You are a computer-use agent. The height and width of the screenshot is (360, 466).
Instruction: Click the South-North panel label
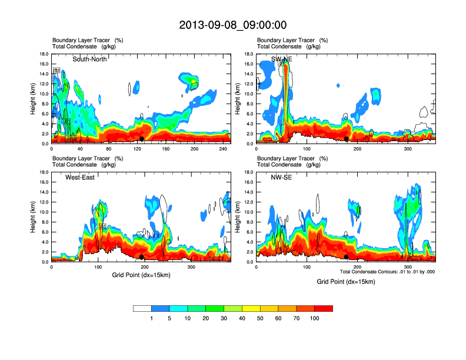point(89,59)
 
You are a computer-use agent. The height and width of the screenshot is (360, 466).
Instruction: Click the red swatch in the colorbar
point(324,308)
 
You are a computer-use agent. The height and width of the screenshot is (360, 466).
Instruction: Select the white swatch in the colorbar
point(142,308)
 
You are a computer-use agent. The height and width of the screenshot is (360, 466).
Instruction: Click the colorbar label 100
point(315,318)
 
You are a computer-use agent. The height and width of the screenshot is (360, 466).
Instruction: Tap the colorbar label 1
point(152,318)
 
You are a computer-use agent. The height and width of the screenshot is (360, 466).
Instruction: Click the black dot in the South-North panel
point(142,138)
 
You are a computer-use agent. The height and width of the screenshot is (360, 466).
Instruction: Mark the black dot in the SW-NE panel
point(347,138)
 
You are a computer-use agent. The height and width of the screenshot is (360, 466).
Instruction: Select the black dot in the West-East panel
point(142,256)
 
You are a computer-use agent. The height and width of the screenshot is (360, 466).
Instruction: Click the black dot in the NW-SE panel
point(347,256)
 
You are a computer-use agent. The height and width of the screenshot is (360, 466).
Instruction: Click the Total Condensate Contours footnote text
point(387,272)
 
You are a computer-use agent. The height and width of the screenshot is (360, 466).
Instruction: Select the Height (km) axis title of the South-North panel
point(33,99)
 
